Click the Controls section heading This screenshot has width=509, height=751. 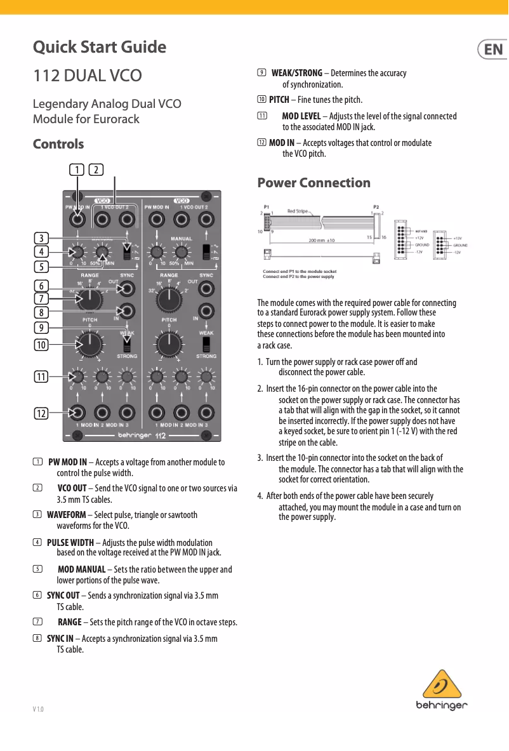pyautogui.click(x=58, y=144)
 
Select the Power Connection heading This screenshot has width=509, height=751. pyautogui.click(x=314, y=183)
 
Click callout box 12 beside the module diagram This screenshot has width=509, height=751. pyautogui.click(x=41, y=413)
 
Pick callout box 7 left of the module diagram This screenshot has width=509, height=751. pyautogui.click(x=41, y=298)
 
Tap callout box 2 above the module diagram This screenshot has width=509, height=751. pyautogui.click(x=96, y=169)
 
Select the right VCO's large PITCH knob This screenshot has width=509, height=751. pyautogui.click(x=169, y=344)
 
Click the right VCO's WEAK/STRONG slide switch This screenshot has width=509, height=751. pyautogui.click(x=206, y=344)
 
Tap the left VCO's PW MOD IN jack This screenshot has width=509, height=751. pyautogui.click(x=77, y=220)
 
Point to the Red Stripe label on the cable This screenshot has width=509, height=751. pyautogui.click(x=299, y=211)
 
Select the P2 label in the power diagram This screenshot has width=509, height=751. pyautogui.click(x=376, y=206)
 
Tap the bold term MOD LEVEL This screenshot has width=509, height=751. pyautogui.click(x=301, y=116)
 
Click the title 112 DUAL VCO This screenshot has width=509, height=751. pyautogui.click(x=87, y=76)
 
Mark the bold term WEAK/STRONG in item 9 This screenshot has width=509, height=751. pyautogui.click(x=296, y=73)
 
